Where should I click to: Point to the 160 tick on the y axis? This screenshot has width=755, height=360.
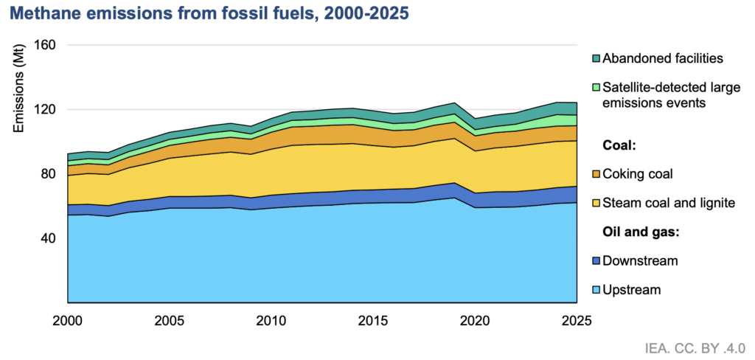[46, 45]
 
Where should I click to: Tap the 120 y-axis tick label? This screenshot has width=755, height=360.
[46, 109]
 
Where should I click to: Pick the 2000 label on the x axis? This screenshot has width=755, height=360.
[67, 320]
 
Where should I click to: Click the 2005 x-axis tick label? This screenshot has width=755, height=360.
[170, 320]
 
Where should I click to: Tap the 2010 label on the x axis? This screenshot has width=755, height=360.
[271, 320]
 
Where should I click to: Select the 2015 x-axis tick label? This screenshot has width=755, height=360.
[373, 320]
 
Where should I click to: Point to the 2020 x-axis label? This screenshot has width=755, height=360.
[476, 320]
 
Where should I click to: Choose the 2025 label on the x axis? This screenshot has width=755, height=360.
[577, 320]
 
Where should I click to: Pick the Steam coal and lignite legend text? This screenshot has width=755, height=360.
[669, 204]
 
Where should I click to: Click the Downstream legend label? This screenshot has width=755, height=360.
[641, 261]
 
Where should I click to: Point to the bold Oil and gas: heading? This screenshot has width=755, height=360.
[641, 232]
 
